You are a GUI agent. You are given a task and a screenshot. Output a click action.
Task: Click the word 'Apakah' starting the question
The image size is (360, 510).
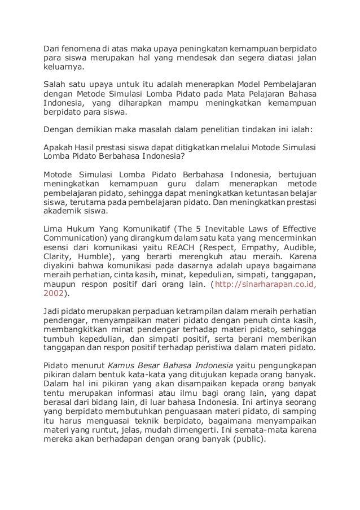pos(57,146)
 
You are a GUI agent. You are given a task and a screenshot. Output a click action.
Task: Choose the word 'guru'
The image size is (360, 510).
pos(180,183)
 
